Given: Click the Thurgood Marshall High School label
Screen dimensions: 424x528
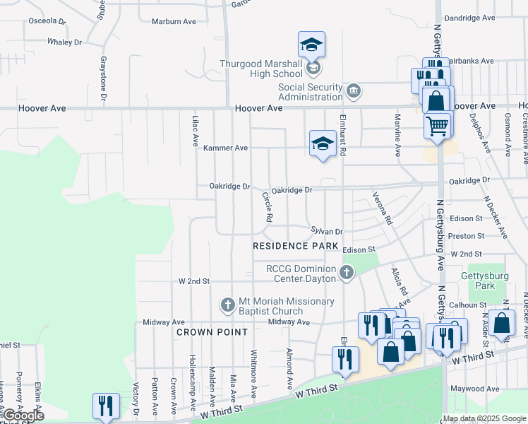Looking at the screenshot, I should point(260,68).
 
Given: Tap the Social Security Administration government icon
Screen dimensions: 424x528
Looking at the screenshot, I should point(354,91).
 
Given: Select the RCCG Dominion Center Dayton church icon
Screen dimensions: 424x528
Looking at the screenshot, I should point(347,273).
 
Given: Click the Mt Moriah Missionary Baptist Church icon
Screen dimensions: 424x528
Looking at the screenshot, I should point(227,305).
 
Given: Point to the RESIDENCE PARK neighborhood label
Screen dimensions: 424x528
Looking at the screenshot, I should point(292,246).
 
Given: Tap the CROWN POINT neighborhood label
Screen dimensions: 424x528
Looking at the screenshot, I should point(212,331).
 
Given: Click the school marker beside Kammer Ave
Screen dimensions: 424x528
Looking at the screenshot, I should point(323,143).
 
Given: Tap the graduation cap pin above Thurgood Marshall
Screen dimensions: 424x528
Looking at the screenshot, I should point(311,45).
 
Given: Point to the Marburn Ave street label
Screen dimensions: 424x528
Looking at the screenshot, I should point(174,21).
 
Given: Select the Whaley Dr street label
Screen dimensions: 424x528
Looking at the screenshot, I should point(64,42).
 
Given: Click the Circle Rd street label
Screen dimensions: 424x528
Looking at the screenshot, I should point(267,207).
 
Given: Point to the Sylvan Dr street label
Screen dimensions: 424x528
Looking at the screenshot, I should point(327,231).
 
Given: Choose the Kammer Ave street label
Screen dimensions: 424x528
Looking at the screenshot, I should point(226,148).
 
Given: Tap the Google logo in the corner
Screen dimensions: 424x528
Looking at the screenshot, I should point(23,416).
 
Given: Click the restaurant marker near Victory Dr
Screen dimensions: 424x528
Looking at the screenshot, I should point(106,406).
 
